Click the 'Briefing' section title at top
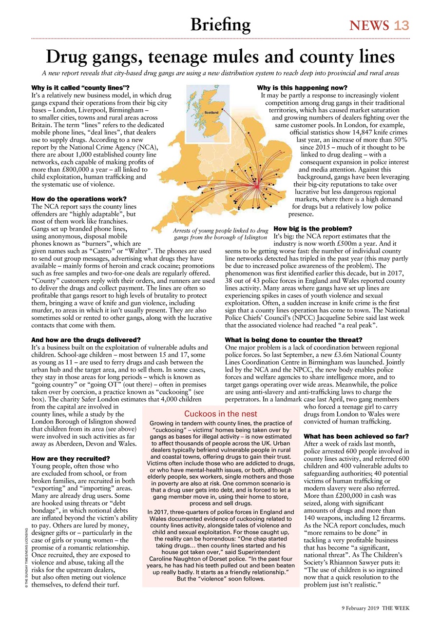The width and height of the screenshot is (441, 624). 220,24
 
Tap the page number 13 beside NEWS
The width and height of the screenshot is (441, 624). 402,25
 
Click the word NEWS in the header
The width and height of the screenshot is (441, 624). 369,25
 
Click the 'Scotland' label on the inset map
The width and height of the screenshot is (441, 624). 211,112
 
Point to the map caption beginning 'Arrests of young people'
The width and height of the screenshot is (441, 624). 221,234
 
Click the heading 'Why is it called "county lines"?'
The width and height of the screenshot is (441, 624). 80,88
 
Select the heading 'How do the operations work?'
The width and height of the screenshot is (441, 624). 78,199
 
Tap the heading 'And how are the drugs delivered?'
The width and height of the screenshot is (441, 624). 86,340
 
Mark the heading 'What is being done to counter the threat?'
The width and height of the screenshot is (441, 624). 293,340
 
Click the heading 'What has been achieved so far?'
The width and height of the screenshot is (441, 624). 356,436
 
